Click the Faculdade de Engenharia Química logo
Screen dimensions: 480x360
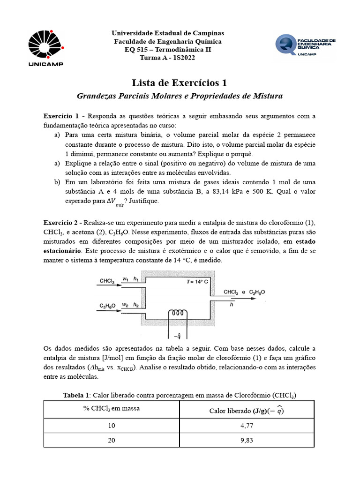point(305,45)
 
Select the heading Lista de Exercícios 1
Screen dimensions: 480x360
point(180,83)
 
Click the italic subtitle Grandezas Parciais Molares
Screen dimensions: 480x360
point(180,96)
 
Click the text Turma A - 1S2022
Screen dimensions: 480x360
point(167,58)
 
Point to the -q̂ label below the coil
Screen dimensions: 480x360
point(179,335)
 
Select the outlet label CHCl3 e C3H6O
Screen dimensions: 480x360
point(244,292)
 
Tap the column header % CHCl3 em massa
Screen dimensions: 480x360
point(111,409)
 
